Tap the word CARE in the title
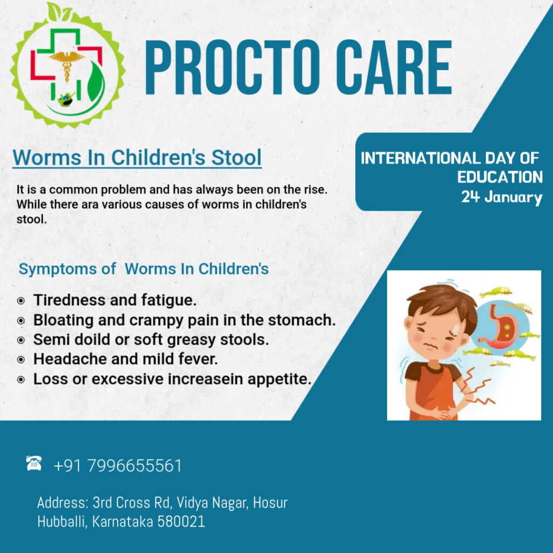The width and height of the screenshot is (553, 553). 394,68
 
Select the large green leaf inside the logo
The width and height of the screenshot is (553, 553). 96,82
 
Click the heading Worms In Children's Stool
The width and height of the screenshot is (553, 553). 137,157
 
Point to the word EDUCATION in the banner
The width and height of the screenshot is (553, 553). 500,177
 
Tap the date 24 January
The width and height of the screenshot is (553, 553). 502,197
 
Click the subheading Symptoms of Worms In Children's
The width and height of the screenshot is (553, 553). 144,269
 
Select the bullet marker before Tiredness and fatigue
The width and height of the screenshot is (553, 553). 21,301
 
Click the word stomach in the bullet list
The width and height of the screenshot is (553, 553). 301,320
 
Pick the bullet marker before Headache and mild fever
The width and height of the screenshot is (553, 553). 21,360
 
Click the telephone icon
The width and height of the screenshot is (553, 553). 34,463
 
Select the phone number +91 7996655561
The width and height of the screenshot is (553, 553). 118,466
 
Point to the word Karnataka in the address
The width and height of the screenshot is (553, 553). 122,522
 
